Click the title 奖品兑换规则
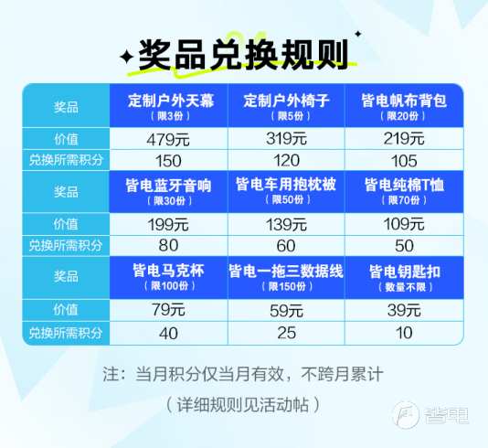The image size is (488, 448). (x=243, y=56)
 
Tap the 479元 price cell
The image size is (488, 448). (x=168, y=139)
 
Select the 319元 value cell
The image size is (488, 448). (x=286, y=138)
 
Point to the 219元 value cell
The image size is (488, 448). (x=404, y=138)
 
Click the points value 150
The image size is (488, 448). (x=168, y=161)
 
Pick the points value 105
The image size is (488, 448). (x=404, y=161)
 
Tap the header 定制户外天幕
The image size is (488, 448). (x=171, y=101)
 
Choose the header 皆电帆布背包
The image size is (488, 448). (x=404, y=101)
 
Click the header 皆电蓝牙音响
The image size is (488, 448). (x=169, y=186)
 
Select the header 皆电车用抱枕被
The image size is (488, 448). (x=286, y=185)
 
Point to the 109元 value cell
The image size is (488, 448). (x=404, y=224)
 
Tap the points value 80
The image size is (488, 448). (x=168, y=245)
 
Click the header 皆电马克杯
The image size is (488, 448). (x=169, y=271)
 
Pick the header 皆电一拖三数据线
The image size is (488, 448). (x=286, y=271)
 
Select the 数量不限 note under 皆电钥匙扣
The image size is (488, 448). (x=405, y=287)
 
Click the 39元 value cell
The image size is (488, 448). (x=404, y=310)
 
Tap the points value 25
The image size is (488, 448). (x=286, y=333)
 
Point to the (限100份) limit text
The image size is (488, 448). (x=170, y=286)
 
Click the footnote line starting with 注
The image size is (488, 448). (x=243, y=374)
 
